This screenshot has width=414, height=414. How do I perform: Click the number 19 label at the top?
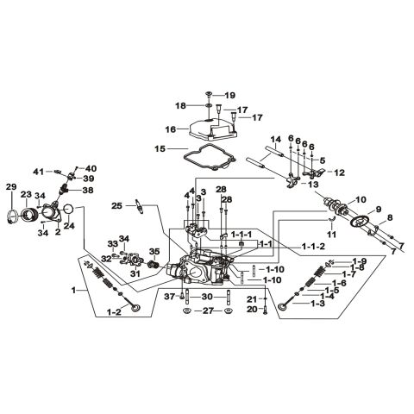[229, 94]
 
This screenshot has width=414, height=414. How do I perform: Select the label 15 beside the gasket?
[159, 149]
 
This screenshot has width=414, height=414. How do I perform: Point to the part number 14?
[276, 139]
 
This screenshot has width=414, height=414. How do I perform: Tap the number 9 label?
[376, 210]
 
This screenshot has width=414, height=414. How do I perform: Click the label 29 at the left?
[11, 187]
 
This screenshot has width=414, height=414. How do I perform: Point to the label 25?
[116, 205]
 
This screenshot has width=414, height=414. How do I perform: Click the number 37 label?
[169, 296]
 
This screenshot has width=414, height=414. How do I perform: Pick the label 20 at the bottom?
[252, 309]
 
